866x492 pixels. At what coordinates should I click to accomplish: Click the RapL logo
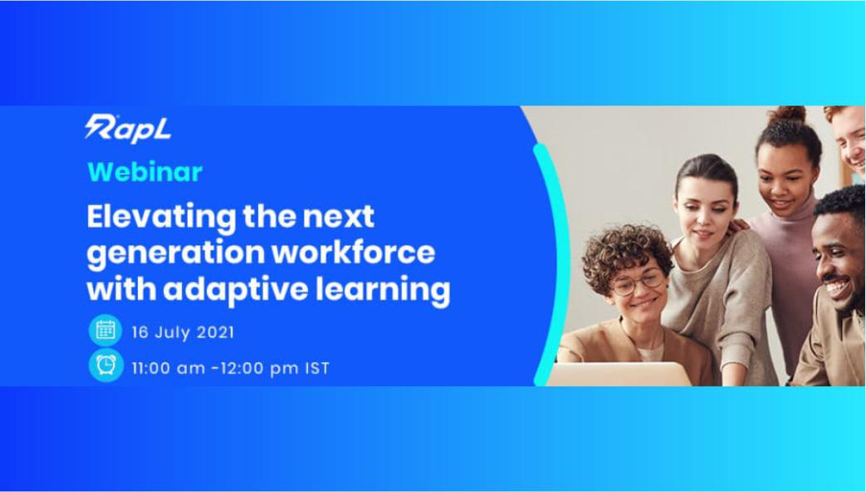pos(128,128)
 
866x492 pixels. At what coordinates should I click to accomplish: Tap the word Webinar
pos(144,172)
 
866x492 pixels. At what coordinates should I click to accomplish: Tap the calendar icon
pos(105,332)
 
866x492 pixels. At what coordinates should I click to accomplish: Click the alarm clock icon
pos(105,366)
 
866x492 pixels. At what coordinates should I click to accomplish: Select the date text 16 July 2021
pos(183,332)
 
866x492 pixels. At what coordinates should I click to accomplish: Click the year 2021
pos(215,332)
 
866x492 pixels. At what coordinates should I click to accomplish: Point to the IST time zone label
pos(316,367)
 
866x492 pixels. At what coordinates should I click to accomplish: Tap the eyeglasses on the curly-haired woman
pos(637,283)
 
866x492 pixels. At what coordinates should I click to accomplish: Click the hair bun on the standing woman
pos(785,116)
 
